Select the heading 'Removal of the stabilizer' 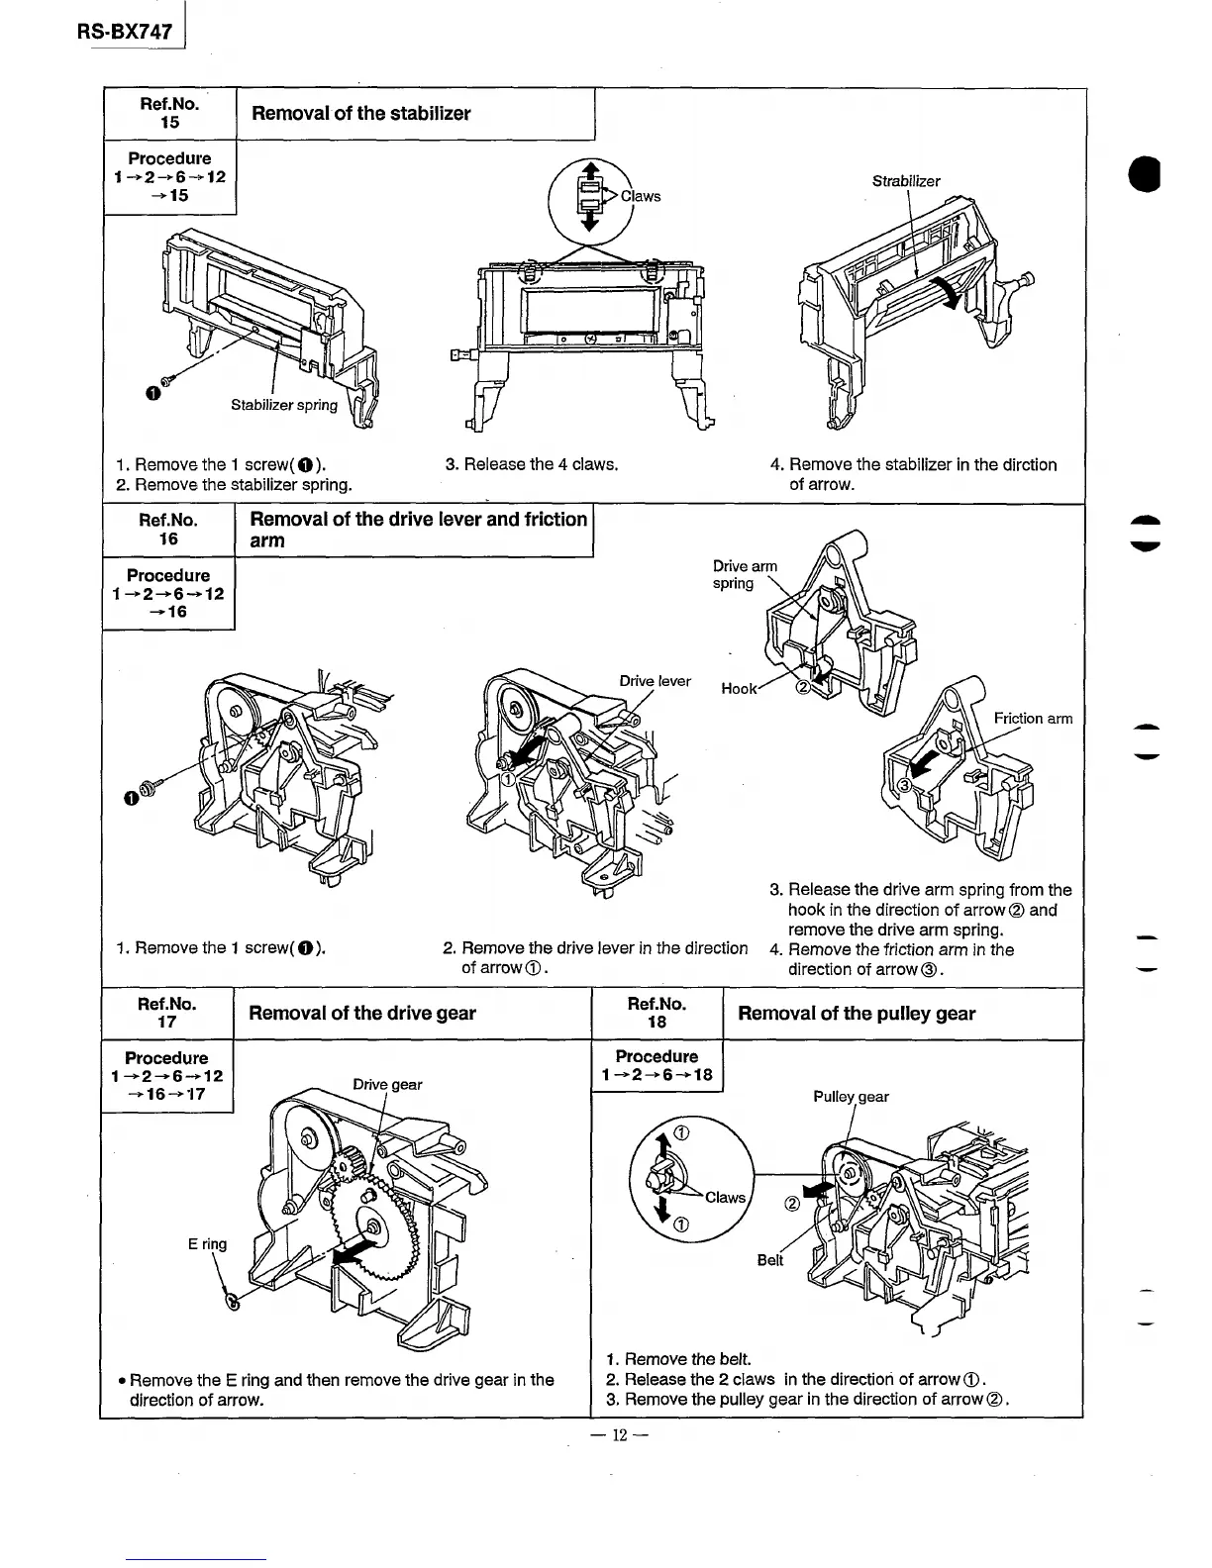(x=361, y=114)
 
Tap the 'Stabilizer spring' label (x=284, y=405)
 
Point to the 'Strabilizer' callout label (x=906, y=181)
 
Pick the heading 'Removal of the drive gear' (x=361, y=1013)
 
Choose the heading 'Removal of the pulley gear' (x=857, y=1014)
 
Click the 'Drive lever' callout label (x=655, y=681)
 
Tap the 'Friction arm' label (x=1033, y=719)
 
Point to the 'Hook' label (x=739, y=689)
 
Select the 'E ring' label (x=207, y=1244)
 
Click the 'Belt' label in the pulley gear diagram (x=770, y=1260)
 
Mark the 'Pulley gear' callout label (x=851, y=1097)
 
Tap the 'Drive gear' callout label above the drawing (x=387, y=1084)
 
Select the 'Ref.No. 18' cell (x=656, y=1013)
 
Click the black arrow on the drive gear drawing (x=347, y=1253)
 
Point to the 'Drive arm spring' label (x=745, y=575)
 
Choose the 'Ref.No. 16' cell (x=168, y=530)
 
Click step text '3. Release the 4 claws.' (x=532, y=464)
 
